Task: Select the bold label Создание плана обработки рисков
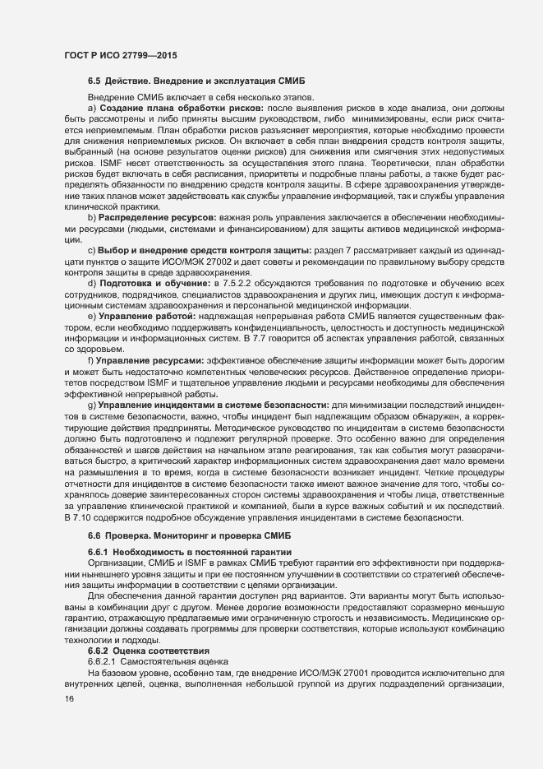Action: (180, 109)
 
